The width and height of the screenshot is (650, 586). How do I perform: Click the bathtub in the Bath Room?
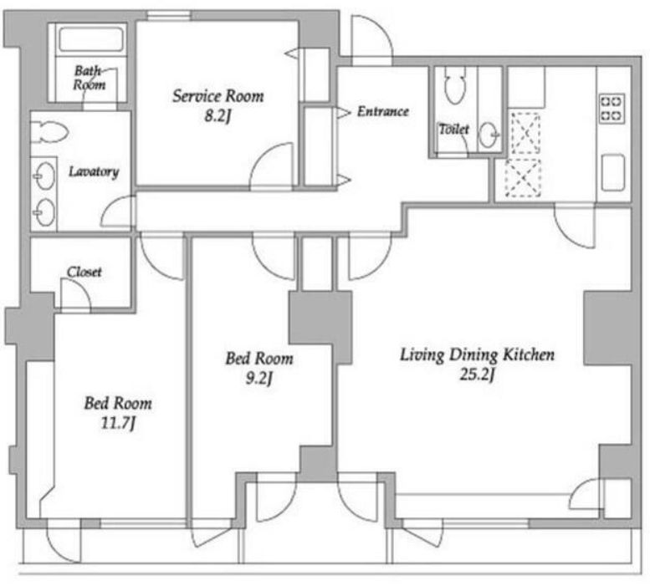[91, 38]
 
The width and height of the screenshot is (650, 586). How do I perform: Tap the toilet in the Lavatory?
[49, 132]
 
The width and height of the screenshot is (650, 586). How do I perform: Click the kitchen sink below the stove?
[612, 172]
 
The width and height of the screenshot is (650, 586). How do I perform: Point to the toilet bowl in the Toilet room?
[454, 85]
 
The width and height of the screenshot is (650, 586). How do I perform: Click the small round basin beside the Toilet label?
[489, 135]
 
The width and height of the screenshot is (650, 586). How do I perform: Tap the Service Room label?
[218, 96]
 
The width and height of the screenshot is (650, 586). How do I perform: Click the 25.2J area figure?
[477, 375]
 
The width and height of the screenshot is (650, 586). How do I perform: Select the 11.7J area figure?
[118, 423]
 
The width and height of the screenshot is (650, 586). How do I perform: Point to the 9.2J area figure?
[259, 378]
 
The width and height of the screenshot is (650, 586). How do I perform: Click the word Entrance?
[383, 111]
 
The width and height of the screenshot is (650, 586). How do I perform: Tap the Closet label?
[84, 272]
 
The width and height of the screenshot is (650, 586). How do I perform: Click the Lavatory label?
[94, 171]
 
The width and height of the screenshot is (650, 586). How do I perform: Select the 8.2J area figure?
[218, 116]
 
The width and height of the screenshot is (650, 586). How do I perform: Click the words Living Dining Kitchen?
[477, 355]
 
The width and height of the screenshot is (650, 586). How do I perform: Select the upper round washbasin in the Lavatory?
[45, 176]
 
